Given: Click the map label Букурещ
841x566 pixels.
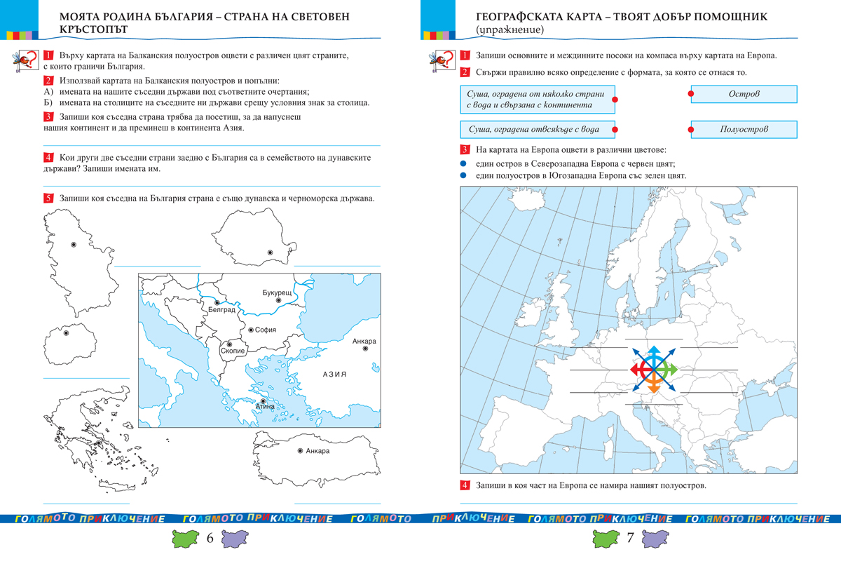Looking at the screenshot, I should point(276,291).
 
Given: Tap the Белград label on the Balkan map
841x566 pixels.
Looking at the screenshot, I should point(221,309).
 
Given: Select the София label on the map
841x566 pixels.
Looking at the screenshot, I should point(266,330).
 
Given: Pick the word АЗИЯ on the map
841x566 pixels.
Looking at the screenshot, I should point(335,375).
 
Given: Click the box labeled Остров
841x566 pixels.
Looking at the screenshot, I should point(744,94).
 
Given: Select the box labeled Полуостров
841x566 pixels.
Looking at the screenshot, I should point(744,130).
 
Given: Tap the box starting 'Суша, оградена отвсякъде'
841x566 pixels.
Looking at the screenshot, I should point(538,130).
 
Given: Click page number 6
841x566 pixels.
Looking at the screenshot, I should point(210,539).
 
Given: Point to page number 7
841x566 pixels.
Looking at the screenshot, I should point(630,539).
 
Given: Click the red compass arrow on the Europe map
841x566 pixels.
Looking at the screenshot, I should point(638,368).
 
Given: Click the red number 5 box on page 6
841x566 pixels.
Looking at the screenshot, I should point(48,198).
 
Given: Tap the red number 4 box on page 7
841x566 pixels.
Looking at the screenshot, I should point(465,486).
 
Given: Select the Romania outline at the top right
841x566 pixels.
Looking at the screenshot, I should point(255,238).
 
